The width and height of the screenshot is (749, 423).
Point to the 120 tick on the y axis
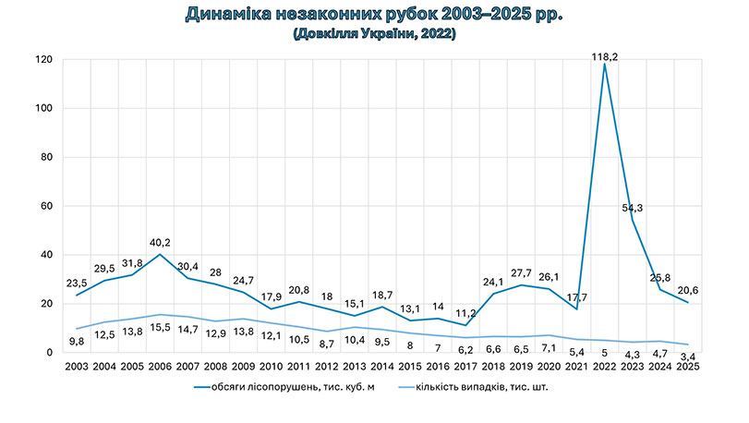[44, 60]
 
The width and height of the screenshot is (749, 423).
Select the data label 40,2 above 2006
[161, 245]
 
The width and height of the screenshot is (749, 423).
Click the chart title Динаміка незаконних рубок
[374, 15]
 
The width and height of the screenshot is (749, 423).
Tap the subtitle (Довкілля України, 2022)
[374, 34]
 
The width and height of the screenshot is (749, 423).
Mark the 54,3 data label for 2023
[632, 208]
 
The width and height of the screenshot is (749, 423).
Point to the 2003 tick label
[77, 367]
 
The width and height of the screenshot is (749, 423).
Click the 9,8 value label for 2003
[77, 340]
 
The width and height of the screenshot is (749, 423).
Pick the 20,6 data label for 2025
[685, 290]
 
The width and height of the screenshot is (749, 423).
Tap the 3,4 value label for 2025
[686, 357]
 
